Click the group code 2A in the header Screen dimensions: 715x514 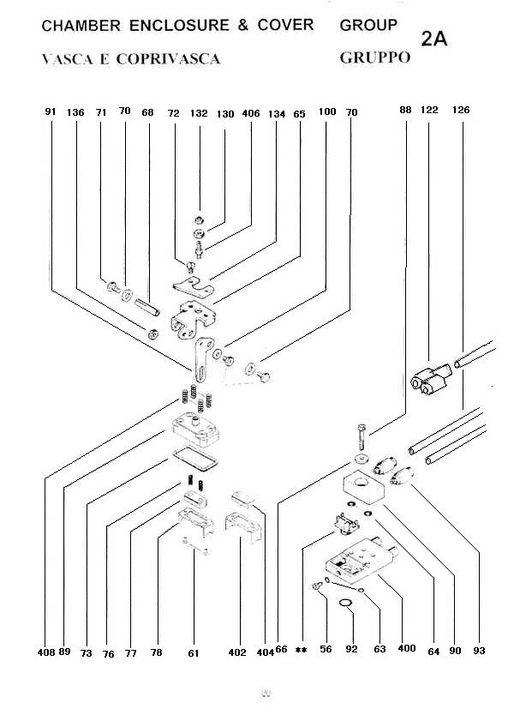coord(434,39)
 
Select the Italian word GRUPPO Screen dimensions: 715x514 coord(375,58)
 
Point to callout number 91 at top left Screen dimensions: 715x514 coord(50,111)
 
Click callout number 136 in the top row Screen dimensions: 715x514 coord(75,111)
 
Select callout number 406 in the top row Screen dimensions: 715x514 coord(251,112)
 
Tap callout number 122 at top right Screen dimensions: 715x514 coord(429,110)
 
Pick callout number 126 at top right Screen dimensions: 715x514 coord(461,110)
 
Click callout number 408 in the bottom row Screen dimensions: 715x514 coord(47,651)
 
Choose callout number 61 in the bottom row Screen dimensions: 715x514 coord(194,652)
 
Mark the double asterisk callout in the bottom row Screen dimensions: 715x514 coord(301,651)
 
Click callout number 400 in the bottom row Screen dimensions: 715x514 coord(406,649)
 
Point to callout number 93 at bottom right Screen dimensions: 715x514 coord(479,651)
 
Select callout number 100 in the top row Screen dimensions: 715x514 coord(326,112)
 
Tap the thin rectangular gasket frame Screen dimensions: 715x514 coord(194,458)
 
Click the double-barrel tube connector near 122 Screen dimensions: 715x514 coord(429,377)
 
